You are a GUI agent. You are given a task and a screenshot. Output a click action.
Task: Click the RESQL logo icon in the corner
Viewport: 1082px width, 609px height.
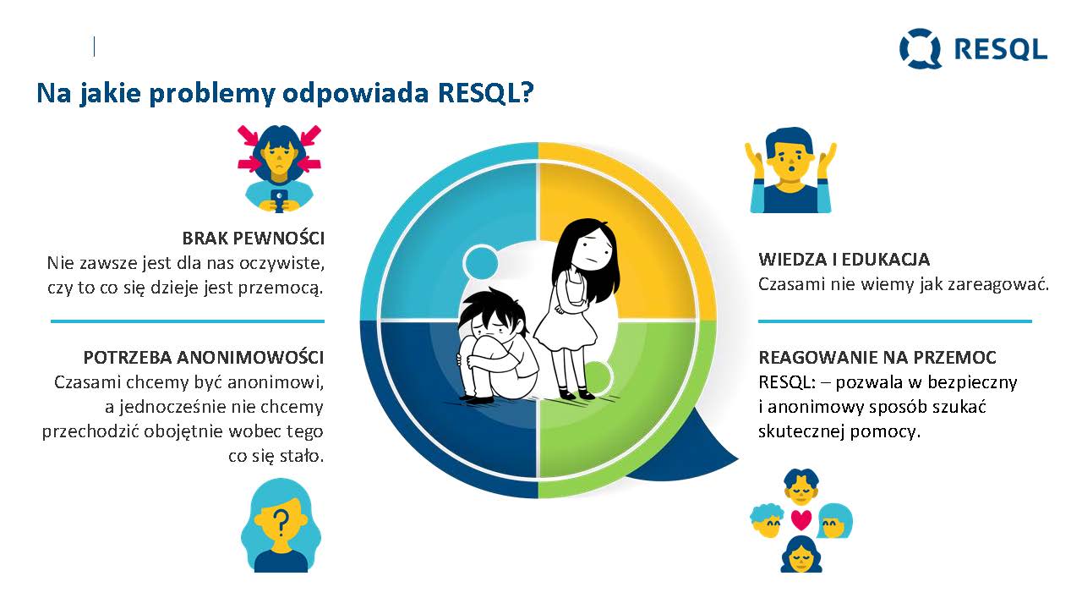921,48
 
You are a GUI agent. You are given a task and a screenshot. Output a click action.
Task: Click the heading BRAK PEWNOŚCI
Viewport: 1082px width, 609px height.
253,239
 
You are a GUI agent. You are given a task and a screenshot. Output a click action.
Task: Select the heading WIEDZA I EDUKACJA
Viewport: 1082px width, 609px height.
844,260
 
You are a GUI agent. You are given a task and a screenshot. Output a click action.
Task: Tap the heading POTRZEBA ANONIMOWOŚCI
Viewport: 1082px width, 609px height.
204,358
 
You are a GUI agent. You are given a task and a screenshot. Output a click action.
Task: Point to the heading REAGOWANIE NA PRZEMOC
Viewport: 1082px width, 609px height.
877,358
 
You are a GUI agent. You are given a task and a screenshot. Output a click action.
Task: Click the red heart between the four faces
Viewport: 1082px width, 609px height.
801,519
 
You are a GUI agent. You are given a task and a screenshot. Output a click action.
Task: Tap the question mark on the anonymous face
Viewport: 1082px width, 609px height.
280,524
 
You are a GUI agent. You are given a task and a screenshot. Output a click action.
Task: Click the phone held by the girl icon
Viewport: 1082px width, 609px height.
279,200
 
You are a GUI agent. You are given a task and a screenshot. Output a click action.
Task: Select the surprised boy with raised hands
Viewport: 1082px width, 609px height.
790,170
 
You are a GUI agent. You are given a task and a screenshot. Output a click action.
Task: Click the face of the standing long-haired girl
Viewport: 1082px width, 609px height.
594,249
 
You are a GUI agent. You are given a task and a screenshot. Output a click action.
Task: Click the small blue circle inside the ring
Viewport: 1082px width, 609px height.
480,263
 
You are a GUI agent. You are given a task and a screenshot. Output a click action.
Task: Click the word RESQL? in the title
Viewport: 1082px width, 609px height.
485,92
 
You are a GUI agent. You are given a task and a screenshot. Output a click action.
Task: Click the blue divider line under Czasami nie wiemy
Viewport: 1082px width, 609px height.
894,321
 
